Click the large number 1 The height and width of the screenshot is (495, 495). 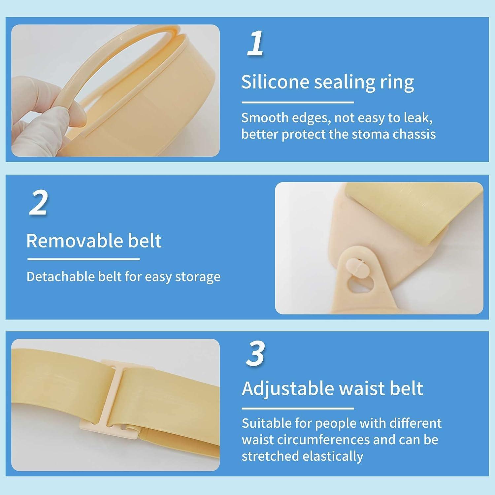[x=255, y=43]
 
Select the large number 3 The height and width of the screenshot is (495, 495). [x=255, y=353]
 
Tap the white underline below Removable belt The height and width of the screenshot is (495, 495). [x=83, y=259]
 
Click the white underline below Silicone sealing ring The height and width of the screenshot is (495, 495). [x=297, y=102]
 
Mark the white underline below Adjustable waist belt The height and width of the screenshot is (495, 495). [x=297, y=408]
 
